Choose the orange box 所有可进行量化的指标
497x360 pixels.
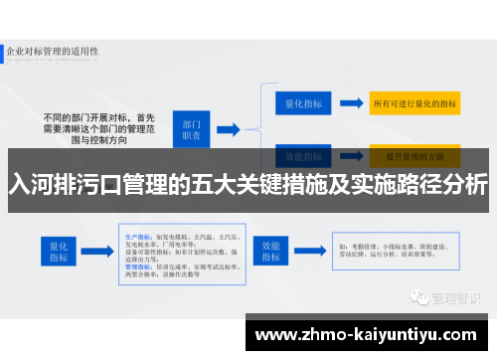pyautogui.click(x=414, y=102)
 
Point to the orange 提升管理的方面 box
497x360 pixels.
pyautogui.click(x=414, y=156)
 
